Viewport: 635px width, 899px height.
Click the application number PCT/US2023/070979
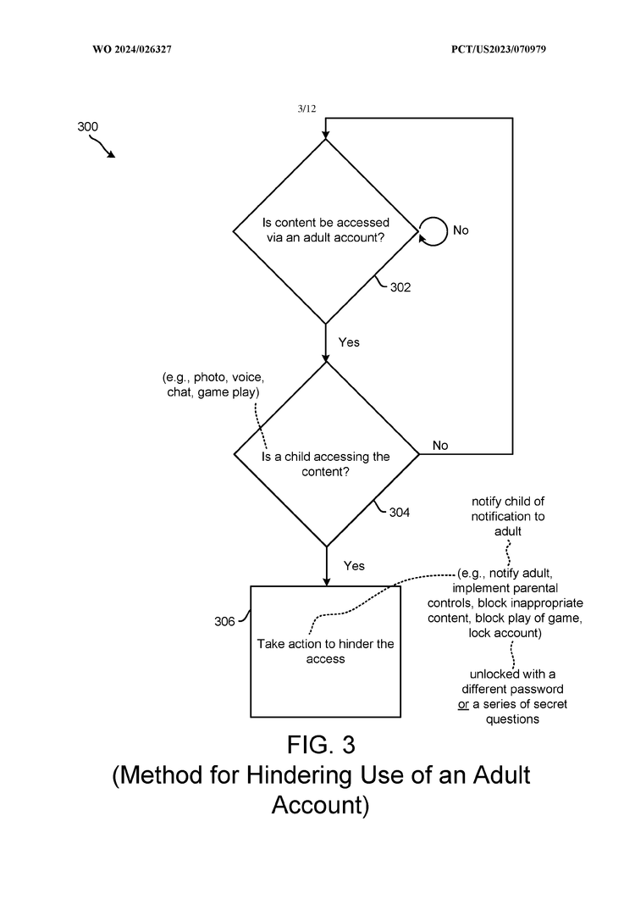(499, 50)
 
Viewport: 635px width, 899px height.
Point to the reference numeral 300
(87, 126)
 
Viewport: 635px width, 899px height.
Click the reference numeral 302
(400, 287)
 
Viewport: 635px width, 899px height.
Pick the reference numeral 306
(224, 621)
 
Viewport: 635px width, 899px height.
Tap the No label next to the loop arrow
(461, 230)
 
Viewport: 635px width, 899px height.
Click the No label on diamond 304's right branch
(440, 446)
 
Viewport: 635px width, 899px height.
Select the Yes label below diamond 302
(349, 342)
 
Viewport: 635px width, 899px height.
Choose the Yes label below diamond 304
(354, 565)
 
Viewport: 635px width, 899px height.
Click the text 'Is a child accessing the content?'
(326, 463)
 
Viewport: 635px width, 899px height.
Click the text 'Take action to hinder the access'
(326, 651)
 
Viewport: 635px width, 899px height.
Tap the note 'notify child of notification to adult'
(505, 516)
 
